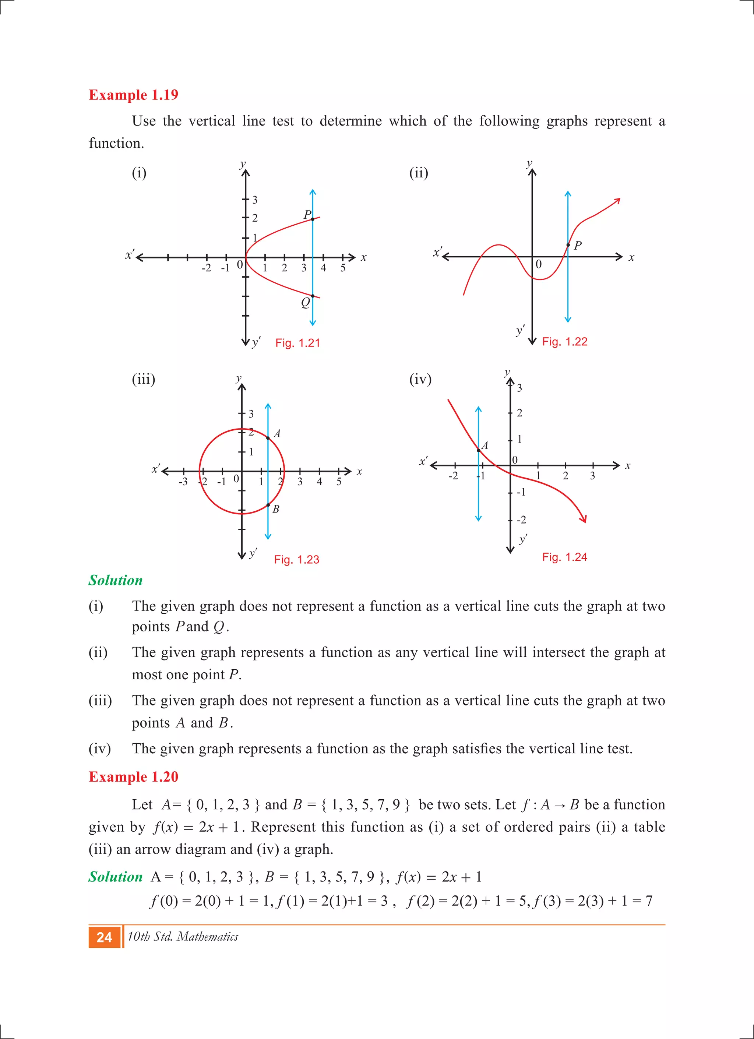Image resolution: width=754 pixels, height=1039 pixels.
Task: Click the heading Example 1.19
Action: click(x=133, y=95)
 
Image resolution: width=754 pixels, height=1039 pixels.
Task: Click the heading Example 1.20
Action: click(x=133, y=776)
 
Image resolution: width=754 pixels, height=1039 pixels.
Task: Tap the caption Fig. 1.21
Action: click(x=297, y=343)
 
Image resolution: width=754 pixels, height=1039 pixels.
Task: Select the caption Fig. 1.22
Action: click(x=564, y=341)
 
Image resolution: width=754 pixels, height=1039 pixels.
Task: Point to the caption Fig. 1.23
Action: click(x=296, y=559)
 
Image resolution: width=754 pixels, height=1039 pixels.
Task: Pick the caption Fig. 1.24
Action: click(x=564, y=557)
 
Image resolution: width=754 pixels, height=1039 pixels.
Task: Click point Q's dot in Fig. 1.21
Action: click(x=313, y=296)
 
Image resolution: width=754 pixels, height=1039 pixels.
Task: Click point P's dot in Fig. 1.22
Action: click(x=568, y=245)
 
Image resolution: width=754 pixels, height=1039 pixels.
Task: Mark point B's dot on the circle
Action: click(x=268, y=505)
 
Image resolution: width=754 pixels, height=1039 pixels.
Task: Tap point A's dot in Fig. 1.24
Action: click(x=479, y=451)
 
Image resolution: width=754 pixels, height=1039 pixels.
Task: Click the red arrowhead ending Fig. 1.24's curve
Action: click(x=584, y=519)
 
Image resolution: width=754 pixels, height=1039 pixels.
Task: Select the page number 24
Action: click(x=105, y=937)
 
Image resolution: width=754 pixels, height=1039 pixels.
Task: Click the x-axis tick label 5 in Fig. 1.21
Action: click(x=343, y=268)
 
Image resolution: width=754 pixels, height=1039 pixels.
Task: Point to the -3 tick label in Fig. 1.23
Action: click(x=183, y=482)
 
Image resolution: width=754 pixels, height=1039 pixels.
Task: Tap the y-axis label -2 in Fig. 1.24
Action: click(x=521, y=520)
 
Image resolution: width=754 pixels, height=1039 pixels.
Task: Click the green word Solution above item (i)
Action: click(x=116, y=580)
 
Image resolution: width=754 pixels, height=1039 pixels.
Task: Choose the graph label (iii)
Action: click(x=143, y=379)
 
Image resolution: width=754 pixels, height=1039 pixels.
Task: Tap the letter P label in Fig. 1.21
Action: click(x=307, y=214)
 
